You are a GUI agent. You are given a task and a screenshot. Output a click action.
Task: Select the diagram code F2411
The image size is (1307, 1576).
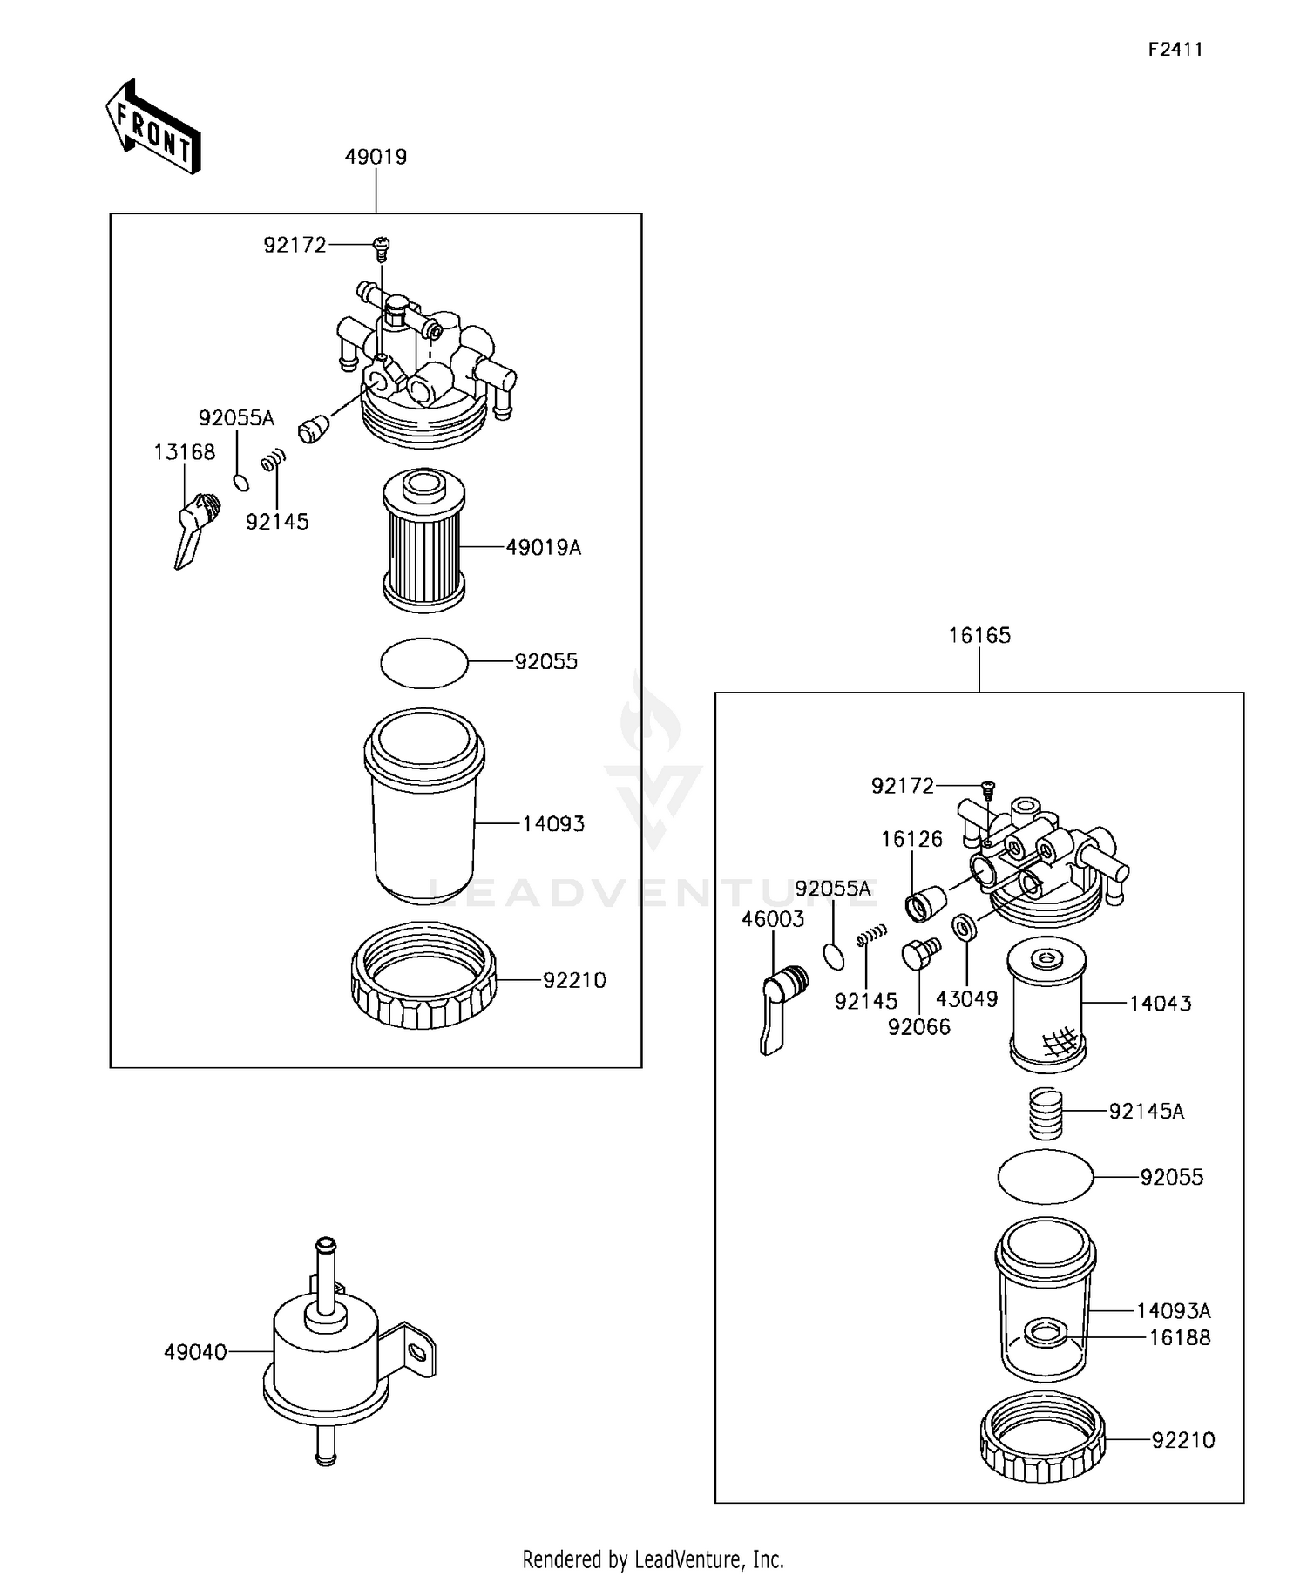(x=1175, y=50)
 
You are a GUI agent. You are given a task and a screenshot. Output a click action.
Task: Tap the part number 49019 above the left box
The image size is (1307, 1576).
(x=376, y=157)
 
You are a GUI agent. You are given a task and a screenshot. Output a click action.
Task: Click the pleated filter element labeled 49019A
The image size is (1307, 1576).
(x=424, y=538)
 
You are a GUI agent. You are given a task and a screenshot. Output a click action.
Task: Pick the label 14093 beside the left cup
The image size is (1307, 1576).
(x=553, y=823)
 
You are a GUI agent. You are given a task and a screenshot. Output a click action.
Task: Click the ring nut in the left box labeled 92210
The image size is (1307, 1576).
(x=423, y=976)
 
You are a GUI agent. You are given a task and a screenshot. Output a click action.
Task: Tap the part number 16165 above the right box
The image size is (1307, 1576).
(x=979, y=636)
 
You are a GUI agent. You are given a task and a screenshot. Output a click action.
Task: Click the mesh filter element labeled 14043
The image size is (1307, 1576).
(x=1046, y=1008)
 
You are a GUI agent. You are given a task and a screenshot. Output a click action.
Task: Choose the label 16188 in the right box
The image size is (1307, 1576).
(x=1179, y=1337)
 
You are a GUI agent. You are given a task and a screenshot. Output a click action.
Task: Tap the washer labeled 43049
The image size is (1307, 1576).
(x=964, y=927)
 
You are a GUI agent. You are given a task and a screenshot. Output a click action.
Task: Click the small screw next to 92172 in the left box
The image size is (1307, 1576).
(x=381, y=248)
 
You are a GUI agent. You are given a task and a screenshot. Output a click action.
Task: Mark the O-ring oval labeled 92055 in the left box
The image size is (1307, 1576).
(x=424, y=663)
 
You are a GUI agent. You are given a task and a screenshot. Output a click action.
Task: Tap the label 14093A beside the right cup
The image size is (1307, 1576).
(x=1173, y=1311)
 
